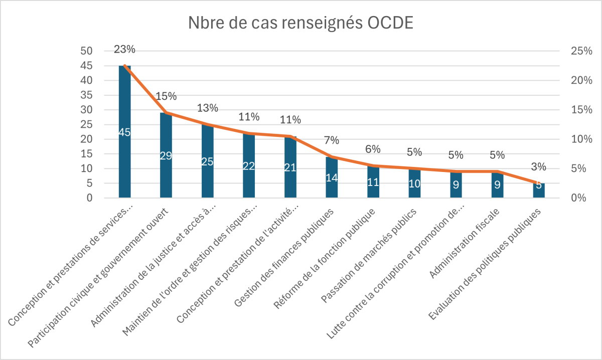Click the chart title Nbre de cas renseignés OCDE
300,24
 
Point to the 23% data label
124,49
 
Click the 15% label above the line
166,96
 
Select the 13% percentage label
208,108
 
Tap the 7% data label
332,141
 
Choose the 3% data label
539,167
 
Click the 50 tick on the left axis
87,51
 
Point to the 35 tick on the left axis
87,95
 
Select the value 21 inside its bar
290,167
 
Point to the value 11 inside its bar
373,182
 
